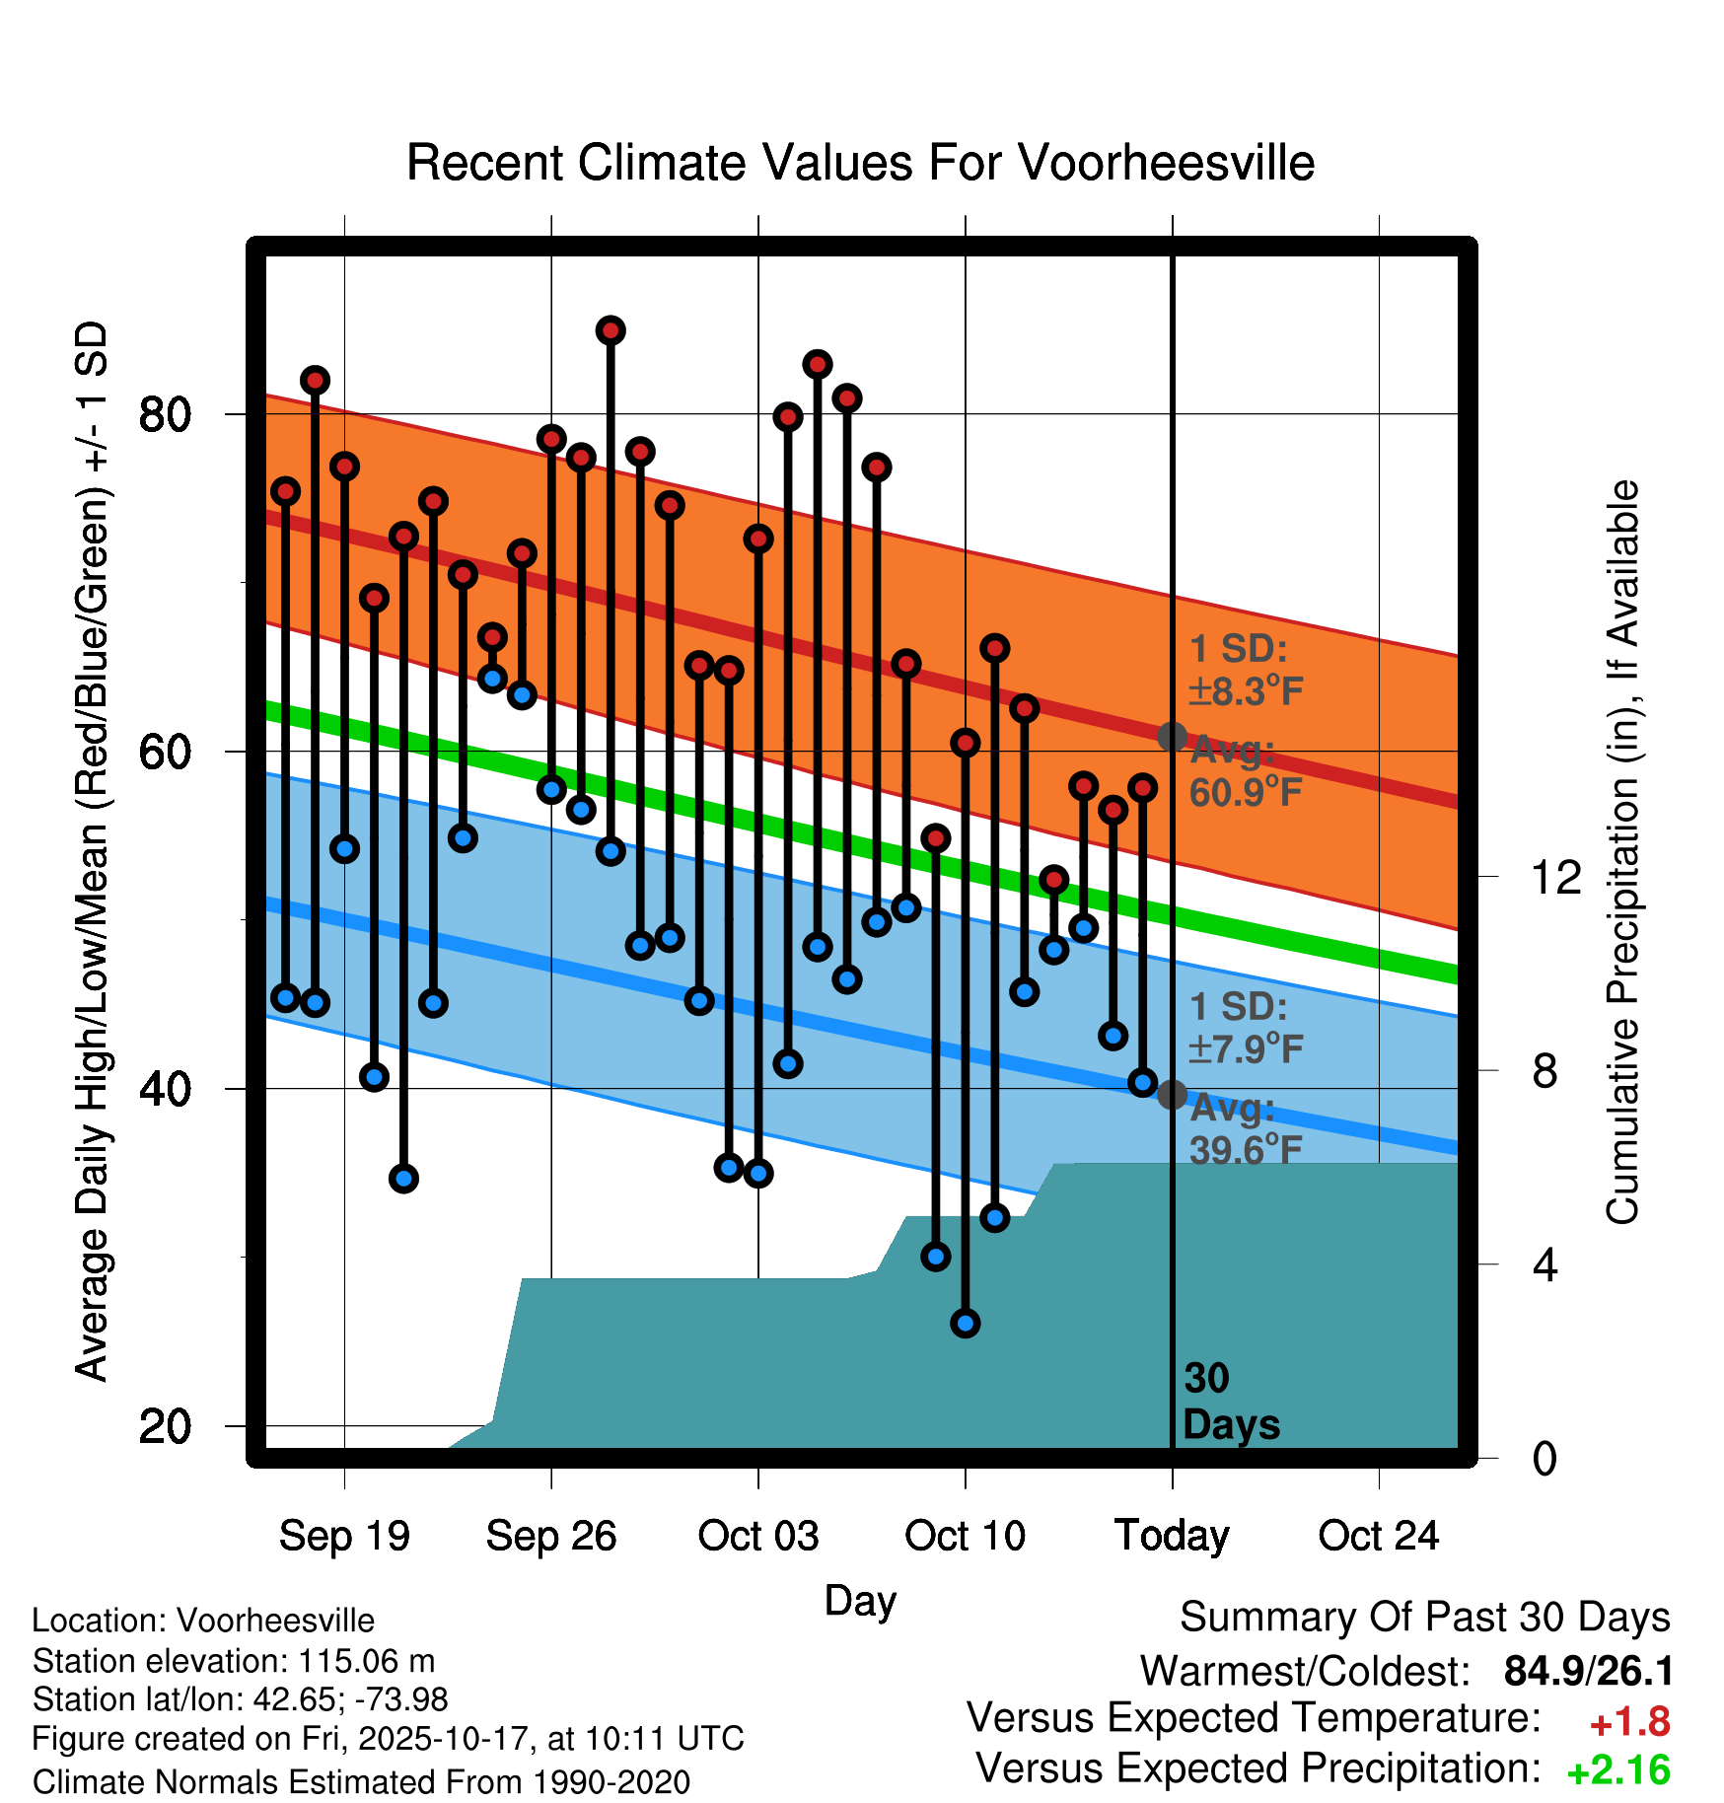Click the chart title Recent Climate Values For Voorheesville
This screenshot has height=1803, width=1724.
click(x=860, y=163)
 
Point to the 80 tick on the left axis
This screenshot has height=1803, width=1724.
click(x=165, y=414)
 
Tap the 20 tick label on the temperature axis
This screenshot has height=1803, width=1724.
click(x=165, y=1426)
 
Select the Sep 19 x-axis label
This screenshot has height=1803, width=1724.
click(x=344, y=1536)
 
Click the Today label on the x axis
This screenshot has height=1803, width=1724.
click(x=1172, y=1536)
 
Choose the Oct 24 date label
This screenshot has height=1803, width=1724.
click(x=1378, y=1536)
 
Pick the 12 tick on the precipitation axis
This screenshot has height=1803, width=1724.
click(x=1556, y=877)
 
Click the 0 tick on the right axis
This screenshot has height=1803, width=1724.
click(x=1544, y=1458)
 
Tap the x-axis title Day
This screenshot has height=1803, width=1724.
click(x=860, y=1601)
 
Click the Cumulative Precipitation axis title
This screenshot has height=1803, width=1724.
click(x=1621, y=852)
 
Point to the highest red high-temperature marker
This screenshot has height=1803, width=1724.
click(x=611, y=330)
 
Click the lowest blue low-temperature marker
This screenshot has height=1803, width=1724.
click(x=966, y=1323)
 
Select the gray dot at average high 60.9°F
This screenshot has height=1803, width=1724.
click(x=1172, y=737)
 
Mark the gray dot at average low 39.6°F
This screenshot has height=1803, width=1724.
click(x=1172, y=1095)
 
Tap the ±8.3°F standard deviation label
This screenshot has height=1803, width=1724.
click(x=1246, y=691)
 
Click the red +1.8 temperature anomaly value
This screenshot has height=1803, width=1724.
click(x=1629, y=1722)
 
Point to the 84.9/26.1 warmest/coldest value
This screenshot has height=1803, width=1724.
click(x=1588, y=1671)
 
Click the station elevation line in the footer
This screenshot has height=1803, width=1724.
click(x=234, y=1661)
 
